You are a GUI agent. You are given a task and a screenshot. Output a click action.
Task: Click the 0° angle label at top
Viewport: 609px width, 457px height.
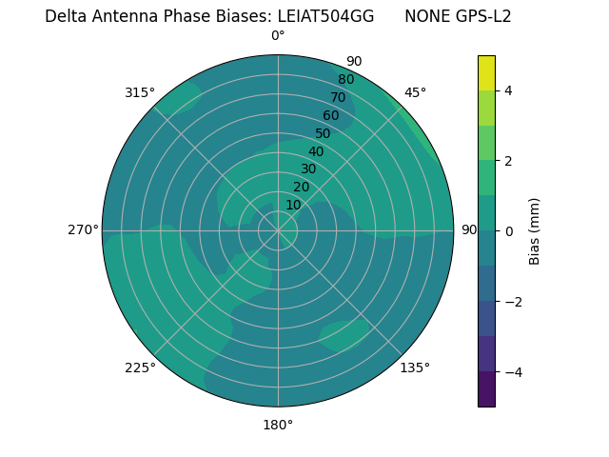click(x=278, y=36)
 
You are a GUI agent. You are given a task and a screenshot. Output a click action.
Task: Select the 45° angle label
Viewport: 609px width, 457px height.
click(x=415, y=92)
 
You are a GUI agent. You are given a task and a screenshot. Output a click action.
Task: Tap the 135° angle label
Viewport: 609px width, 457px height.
click(x=415, y=368)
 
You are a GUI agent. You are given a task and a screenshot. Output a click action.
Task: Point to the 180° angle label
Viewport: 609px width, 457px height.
click(x=278, y=425)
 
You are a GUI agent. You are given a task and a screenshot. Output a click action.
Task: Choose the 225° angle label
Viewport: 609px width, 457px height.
click(x=140, y=368)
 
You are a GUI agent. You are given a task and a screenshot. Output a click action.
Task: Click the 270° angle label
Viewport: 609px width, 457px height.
click(x=83, y=229)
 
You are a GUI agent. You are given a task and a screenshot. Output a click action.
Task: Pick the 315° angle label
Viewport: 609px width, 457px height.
click(x=140, y=92)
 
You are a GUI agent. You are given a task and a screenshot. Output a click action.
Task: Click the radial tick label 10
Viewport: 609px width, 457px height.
click(x=293, y=205)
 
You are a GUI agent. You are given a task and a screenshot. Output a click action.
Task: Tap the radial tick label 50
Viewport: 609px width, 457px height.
click(x=324, y=133)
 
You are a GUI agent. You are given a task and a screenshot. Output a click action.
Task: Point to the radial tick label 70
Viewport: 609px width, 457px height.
click(x=338, y=97)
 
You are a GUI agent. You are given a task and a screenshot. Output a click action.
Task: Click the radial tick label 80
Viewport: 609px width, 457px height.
click(x=345, y=79)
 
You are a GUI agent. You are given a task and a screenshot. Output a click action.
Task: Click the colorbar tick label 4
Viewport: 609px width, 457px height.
click(x=509, y=90)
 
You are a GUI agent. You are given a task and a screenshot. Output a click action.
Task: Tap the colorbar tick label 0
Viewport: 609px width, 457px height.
click(x=509, y=230)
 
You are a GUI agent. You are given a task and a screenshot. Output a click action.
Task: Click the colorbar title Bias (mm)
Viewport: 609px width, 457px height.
click(x=535, y=230)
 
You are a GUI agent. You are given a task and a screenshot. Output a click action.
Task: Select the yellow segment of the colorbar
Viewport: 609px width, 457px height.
click(x=486, y=72)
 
